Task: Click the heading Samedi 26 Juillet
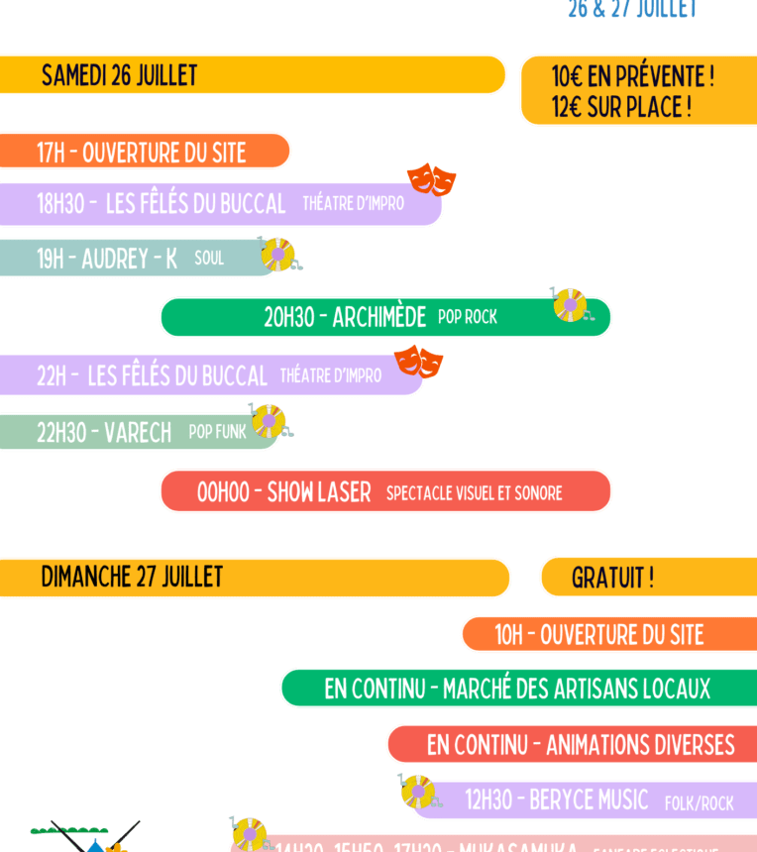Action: point(119,75)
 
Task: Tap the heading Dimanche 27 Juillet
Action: point(132,577)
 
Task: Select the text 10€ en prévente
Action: point(632,76)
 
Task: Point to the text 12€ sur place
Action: point(621,107)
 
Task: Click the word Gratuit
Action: point(611,578)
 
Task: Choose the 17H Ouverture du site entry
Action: point(141,153)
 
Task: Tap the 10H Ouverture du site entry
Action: point(598,635)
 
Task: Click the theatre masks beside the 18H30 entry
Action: point(431,179)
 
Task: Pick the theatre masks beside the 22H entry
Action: point(418,363)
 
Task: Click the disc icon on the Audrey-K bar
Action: point(277,255)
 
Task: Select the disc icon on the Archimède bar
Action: point(570,304)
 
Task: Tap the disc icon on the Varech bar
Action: point(268,421)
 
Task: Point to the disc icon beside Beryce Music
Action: point(417,791)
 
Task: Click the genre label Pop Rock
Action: point(468,317)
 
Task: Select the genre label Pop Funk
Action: point(217,432)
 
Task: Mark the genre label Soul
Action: point(209,259)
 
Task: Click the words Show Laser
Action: point(319,492)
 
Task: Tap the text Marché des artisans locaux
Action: point(577,689)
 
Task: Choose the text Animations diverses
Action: point(640,745)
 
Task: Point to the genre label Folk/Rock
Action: point(699,802)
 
